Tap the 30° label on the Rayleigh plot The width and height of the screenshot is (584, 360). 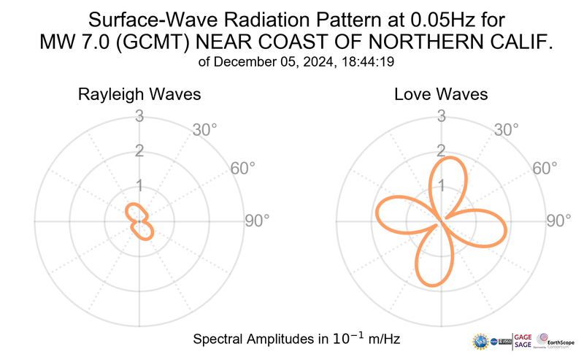coord(204,130)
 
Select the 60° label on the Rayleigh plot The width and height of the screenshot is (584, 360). coord(243,168)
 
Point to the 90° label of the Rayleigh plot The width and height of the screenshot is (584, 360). coord(256,221)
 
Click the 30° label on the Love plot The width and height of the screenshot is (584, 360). coord(507,130)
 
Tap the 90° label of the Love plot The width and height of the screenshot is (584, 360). coord(559,221)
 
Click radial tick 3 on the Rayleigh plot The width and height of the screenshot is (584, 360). coord(139,115)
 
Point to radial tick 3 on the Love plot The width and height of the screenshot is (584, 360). coord(441,115)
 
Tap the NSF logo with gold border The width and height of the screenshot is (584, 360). coord(480,340)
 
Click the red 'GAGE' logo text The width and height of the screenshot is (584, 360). coord(523,336)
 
